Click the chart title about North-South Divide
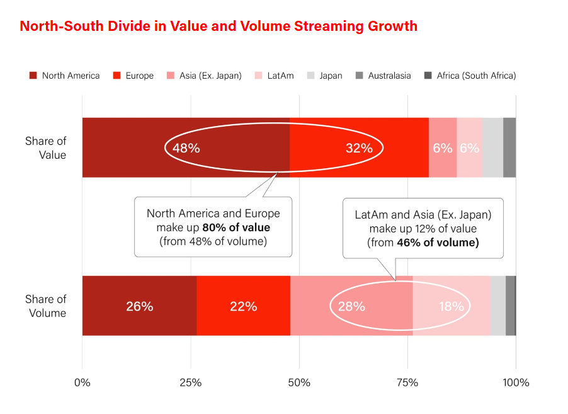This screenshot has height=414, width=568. [218, 26]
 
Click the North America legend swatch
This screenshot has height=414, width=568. [33, 76]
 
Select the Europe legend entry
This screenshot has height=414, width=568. [133, 76]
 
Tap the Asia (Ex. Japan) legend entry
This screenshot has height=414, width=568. [204, 76]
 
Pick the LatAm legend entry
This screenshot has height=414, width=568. [275, 76]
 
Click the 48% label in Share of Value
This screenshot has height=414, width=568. [186, 148]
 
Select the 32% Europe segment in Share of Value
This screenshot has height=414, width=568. [359, 148]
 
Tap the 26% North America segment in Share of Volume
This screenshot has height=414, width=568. [139, 306]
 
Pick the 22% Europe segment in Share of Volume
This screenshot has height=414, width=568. [243, 306]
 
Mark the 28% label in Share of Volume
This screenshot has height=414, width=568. [351, 306]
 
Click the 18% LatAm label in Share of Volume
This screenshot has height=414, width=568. [451, 306]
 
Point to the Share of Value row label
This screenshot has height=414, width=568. [46, 147]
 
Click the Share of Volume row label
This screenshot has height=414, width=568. [46, 306]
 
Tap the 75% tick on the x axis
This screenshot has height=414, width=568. [407, 382]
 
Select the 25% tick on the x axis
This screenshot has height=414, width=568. [191, 382]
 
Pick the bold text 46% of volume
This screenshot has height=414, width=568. [438, 242]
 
